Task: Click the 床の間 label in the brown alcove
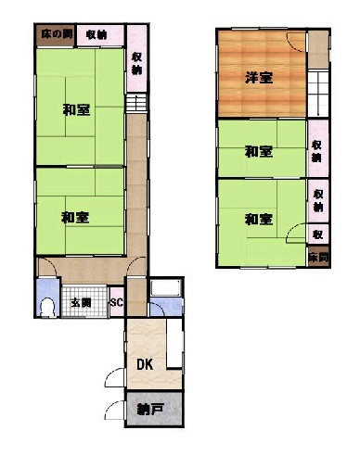[55, 34]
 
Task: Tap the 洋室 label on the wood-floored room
[259, 78]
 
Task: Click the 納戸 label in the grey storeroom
[145, 409]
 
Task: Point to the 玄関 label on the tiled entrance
[82, 302]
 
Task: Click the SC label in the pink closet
[117, 302]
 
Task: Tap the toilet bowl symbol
[47, 307]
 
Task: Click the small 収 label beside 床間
[317, 234]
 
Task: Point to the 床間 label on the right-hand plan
[317, 257]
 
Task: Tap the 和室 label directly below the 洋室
[259, 150]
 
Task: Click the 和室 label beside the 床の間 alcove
[76, 109]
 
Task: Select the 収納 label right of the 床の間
[96, 34]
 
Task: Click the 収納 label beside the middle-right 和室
[318, 150]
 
